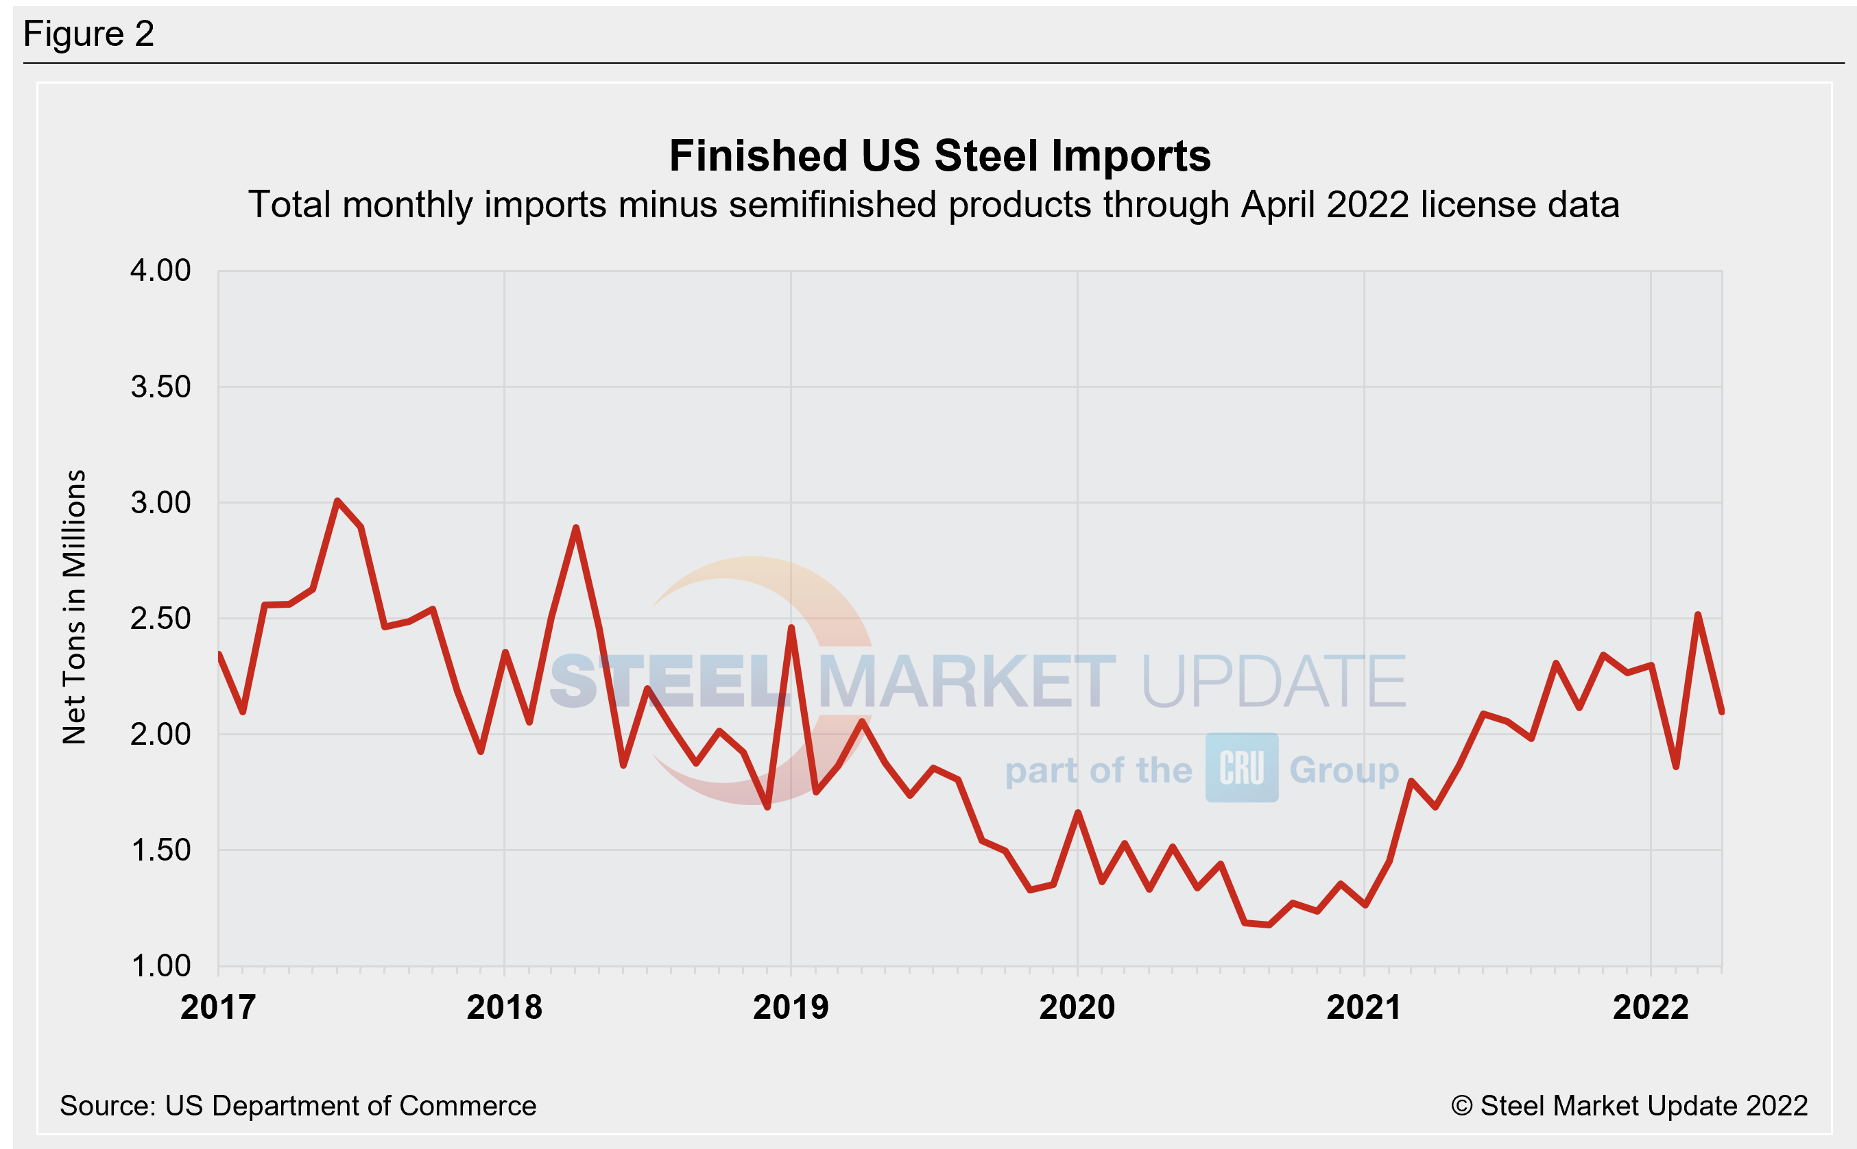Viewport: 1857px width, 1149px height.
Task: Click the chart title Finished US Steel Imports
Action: coord(940,156)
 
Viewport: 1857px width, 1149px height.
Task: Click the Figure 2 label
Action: coord(88,34)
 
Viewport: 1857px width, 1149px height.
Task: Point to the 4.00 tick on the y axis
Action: coord(160,271)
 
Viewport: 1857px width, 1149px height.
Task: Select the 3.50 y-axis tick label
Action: coord(160,387)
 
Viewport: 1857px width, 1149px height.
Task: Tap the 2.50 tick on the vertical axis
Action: coord(160,619)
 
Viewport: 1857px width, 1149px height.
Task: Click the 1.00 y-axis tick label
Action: coord(160,966)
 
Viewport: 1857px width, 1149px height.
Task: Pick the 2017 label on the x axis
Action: coord(218,1008)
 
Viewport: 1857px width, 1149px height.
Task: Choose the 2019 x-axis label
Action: coord(791,1008)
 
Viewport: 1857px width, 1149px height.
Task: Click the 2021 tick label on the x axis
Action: coord(1364,1008)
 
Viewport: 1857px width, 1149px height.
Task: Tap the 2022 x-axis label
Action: coord(1651,1008)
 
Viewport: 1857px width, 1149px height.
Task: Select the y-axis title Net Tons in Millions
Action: coord(75,606)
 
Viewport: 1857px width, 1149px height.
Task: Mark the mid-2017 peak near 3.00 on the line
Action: coord(337,501)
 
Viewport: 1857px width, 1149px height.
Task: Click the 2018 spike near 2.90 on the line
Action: coord(575,528)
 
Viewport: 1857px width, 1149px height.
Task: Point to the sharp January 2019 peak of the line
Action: coord(791,628)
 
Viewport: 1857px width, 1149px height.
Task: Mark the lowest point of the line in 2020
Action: coord(1269,925)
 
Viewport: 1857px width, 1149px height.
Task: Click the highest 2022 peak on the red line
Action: coord(1698,614)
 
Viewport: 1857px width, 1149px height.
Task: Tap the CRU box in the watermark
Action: coord(1241,767)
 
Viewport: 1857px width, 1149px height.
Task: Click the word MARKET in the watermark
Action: coord(966,682)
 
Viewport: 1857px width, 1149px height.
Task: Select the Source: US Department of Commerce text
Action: coord(298,1106)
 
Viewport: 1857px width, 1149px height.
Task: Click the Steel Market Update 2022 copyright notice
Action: coord(1629,1106)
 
